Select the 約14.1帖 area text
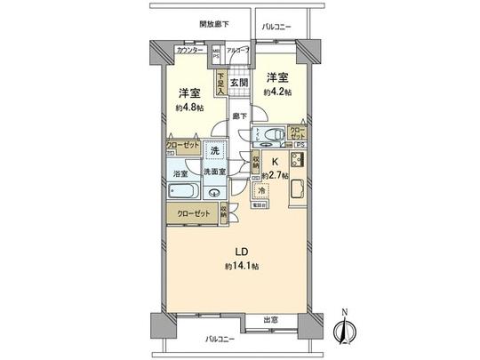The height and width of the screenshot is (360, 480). [x=242, y=266]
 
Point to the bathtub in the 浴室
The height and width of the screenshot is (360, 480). [x=184, y=191]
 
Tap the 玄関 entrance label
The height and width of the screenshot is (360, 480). [x=239, y=83]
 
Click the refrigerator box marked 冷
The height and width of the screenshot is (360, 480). [x=262, y=189]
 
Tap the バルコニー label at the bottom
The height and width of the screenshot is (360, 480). [x=219, y=340]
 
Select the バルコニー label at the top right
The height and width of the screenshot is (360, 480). [x=279, y=27]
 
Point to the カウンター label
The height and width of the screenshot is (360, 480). [x=191, y=51]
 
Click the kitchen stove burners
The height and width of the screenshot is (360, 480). [x=297, y=162]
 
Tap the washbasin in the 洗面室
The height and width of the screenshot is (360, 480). [x=212, y=191]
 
